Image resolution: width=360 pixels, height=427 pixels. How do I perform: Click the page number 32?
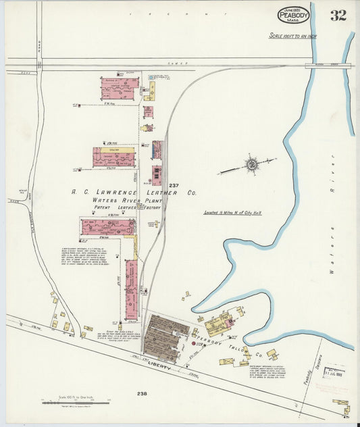[x=338, y=16]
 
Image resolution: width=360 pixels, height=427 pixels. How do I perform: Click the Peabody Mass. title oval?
[x=293, y=15]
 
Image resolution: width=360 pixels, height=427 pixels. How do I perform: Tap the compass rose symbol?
[x=251, y=164]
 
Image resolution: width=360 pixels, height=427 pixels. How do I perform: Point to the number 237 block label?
[x=174, y=185]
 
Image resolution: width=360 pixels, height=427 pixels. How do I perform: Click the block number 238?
[x=141, y=393]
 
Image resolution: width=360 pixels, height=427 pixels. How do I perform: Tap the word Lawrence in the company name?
[x=126, y=192]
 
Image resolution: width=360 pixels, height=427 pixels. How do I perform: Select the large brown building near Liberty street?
[x=165, y=338]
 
